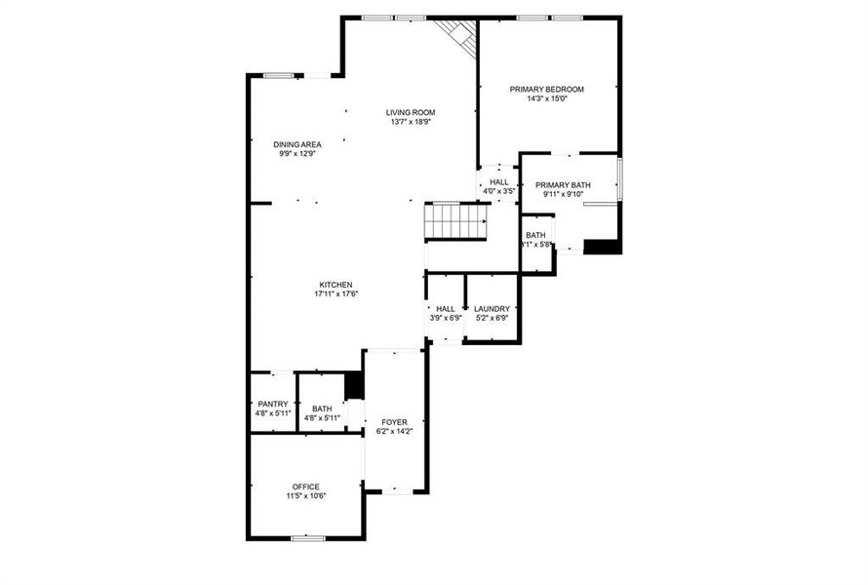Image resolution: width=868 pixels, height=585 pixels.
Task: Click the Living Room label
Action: click(411, 112)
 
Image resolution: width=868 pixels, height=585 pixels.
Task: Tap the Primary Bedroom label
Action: click(546, 89)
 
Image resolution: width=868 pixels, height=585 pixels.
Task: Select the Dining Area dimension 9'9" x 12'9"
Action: click(296, 153)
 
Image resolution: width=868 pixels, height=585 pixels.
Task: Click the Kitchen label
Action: click(335, 285)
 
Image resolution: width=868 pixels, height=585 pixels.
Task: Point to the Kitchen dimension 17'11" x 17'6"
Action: click(335, 294)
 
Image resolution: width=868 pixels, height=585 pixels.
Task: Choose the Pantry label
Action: click(272, 404)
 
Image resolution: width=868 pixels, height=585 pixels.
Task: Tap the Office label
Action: click(305, 487)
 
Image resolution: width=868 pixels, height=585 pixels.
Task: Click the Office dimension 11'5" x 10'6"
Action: click(305, 496)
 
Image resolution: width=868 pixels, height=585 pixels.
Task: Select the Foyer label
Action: click(394, 422)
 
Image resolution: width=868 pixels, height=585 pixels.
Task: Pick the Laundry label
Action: click(492, 308)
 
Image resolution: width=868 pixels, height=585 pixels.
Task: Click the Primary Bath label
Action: click(563, 184)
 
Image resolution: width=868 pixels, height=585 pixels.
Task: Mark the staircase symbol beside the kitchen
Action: click(456, 221)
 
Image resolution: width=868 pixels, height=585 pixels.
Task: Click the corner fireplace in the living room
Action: click(456, 36)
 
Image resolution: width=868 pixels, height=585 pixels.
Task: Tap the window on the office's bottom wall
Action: click(308, 537)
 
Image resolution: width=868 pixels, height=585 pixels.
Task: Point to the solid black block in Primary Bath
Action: click(602, 247)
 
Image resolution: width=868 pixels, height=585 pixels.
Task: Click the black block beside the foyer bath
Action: click(354, 385)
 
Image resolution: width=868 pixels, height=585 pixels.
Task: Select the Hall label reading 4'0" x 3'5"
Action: click(498, 182)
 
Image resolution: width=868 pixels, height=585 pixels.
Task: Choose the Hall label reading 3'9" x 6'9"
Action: click(445, 308)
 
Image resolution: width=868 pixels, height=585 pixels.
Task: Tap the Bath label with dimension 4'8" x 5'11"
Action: click(322, 409)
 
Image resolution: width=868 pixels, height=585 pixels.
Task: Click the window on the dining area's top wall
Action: click(280, 75)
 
